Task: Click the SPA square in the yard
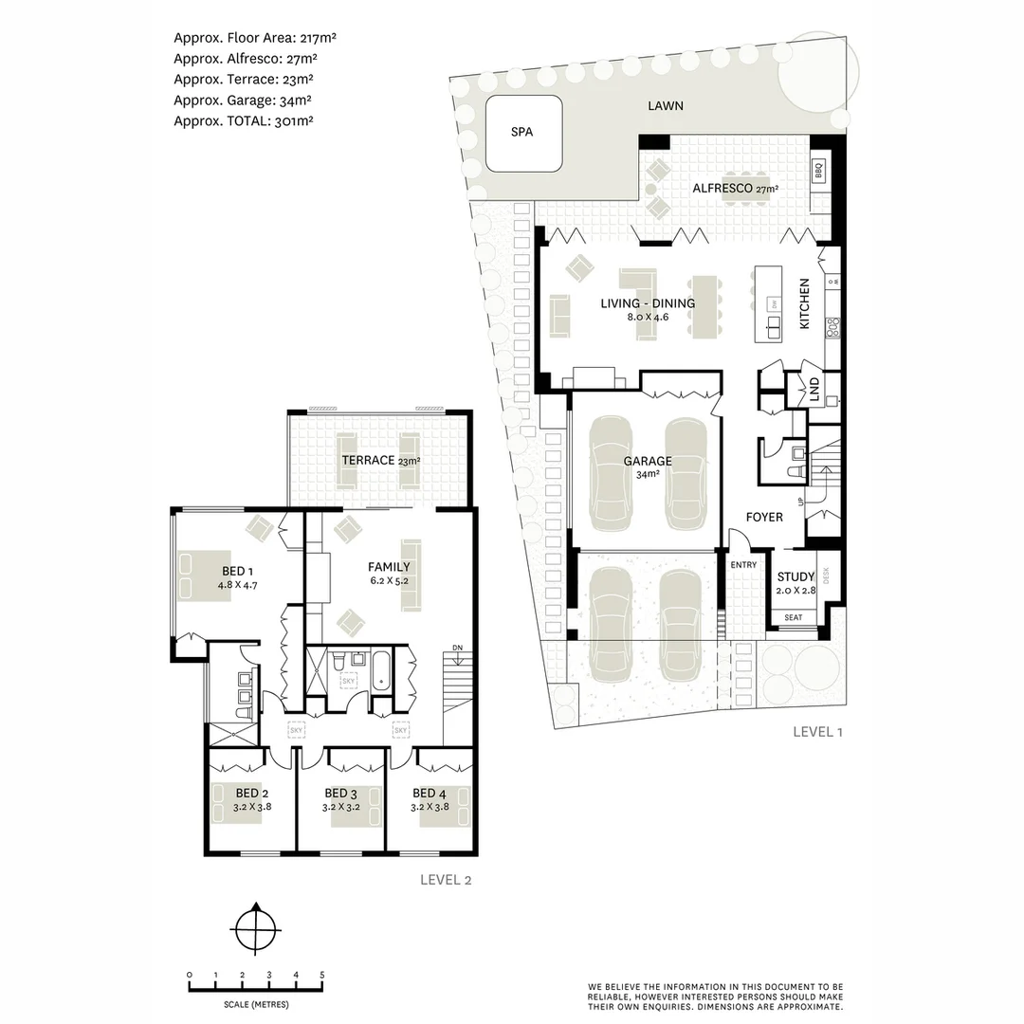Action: point(521,132)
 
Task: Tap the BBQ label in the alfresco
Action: point(819,171)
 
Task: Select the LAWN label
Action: point(665,106)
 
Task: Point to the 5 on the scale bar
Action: point(322,975)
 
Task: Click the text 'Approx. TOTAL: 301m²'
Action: point(243,120)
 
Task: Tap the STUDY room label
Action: point(795,576)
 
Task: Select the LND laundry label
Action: point(814,389)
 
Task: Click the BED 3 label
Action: point(340,793)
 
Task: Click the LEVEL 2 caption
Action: point(446,879)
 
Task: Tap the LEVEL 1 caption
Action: point(817,731)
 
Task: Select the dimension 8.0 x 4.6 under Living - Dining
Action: point(648,318)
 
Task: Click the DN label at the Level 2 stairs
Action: point(458,648)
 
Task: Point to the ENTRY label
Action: point(743,565)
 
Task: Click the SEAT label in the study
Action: point(794,617)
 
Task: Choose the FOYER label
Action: point(764,517)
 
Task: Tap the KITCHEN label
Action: point(804,303)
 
